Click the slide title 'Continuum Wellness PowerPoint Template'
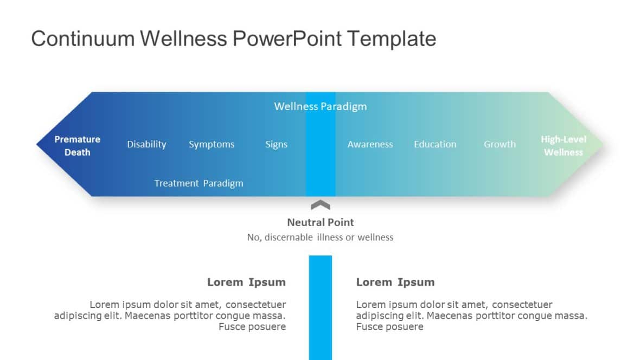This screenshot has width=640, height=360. tap(233, 39)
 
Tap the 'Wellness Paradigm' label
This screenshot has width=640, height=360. tap(320, 106)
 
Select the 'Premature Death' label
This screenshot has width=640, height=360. tap(77, 146)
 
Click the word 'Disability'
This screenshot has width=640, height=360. tap(146, 144)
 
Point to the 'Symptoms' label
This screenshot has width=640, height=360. tap(212, 144)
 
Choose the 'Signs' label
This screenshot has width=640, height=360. tap(276, 144)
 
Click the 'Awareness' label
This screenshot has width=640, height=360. tap(370, 144)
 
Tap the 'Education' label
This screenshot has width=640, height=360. tap(435, 144)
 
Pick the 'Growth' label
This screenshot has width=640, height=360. tap(500, 144)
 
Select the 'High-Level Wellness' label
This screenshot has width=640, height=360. tap(563, 146)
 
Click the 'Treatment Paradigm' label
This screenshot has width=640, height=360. tap(199, 183)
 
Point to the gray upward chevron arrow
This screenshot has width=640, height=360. tap(320, 205)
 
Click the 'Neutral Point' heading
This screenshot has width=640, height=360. tap(320, 222)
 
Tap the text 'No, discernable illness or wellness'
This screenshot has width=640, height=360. tap(320, 237)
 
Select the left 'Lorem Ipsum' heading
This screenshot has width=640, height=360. tap(246, 282)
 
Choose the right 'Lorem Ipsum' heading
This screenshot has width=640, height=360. tap(395, 282)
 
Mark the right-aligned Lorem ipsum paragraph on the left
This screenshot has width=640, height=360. tap(170, 316)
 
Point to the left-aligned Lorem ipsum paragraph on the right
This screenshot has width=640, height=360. tap(471, 316)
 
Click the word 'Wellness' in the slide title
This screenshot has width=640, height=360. tap(183, 39)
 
